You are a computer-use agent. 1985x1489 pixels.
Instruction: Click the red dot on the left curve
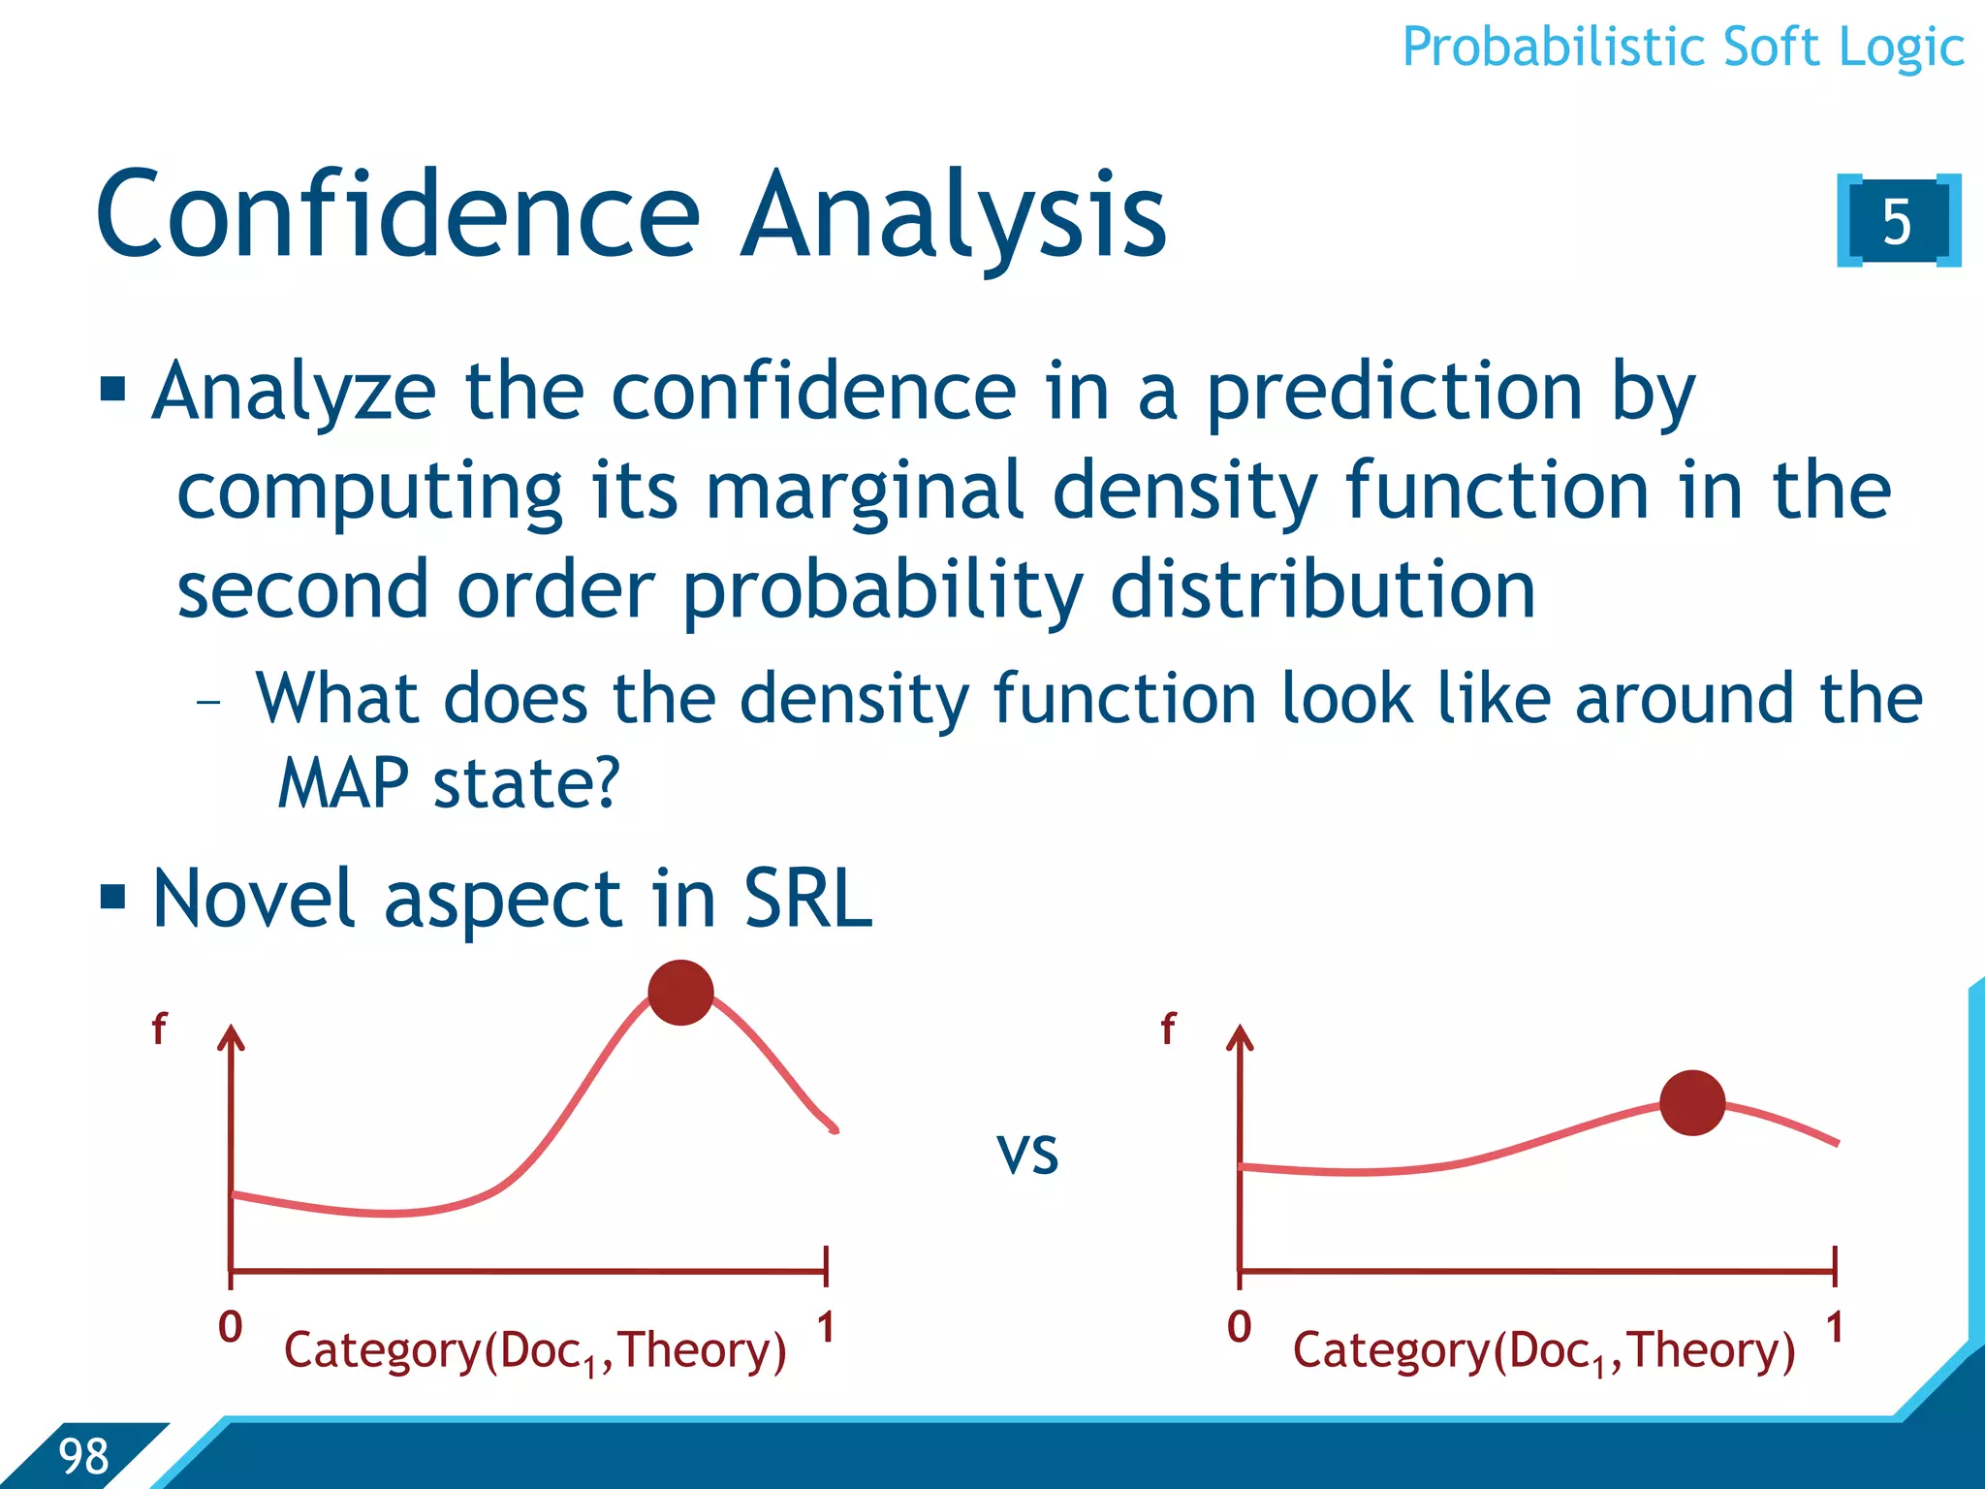(680, 993)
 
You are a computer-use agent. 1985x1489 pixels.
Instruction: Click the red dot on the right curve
(1692, 1103)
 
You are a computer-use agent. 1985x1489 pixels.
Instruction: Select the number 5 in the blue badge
(1897, 222)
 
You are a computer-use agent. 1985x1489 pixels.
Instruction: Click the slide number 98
(83, 1457)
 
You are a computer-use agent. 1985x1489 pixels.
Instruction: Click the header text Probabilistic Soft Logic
(1683, 48)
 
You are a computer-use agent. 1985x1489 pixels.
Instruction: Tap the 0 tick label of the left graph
(230, 1327)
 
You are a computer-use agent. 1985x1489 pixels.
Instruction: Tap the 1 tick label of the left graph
(826, 1327)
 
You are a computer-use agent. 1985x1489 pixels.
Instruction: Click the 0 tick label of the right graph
(1239, 1327)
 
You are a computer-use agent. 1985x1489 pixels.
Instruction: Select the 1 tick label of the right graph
(1835, 1327)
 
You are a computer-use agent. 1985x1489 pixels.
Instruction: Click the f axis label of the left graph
(160, 1029)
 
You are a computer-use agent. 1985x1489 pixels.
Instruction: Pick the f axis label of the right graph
(1169, 1029)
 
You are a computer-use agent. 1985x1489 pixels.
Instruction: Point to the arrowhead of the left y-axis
(231, 1037)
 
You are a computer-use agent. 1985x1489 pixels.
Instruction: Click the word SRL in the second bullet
(807, 900)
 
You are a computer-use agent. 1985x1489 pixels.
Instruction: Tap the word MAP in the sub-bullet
(342, 783)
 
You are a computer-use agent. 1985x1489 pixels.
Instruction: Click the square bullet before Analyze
(113, 390)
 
